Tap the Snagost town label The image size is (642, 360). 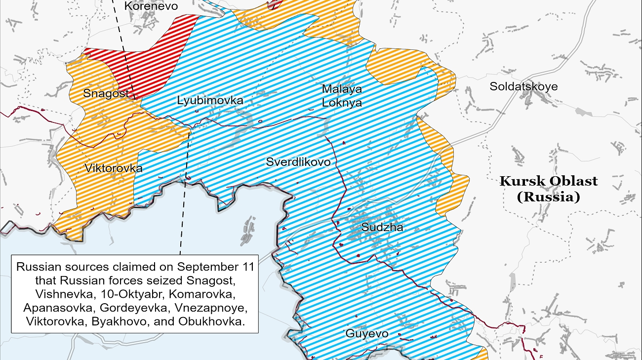click(106, 93)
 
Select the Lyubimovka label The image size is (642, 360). click(210, 101)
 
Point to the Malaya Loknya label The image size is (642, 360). click(342, 96)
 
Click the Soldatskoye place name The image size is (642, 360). click(523, 87)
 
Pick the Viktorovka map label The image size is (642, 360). click(114, 168)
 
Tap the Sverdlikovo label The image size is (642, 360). click(298, 162)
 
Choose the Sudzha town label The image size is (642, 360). click(382, 228)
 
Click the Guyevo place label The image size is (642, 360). click(366, 334)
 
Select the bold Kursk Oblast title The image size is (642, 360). click(548, 181)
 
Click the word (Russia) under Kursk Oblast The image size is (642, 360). click(548, 197)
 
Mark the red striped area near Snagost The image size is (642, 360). click(148, 64)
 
